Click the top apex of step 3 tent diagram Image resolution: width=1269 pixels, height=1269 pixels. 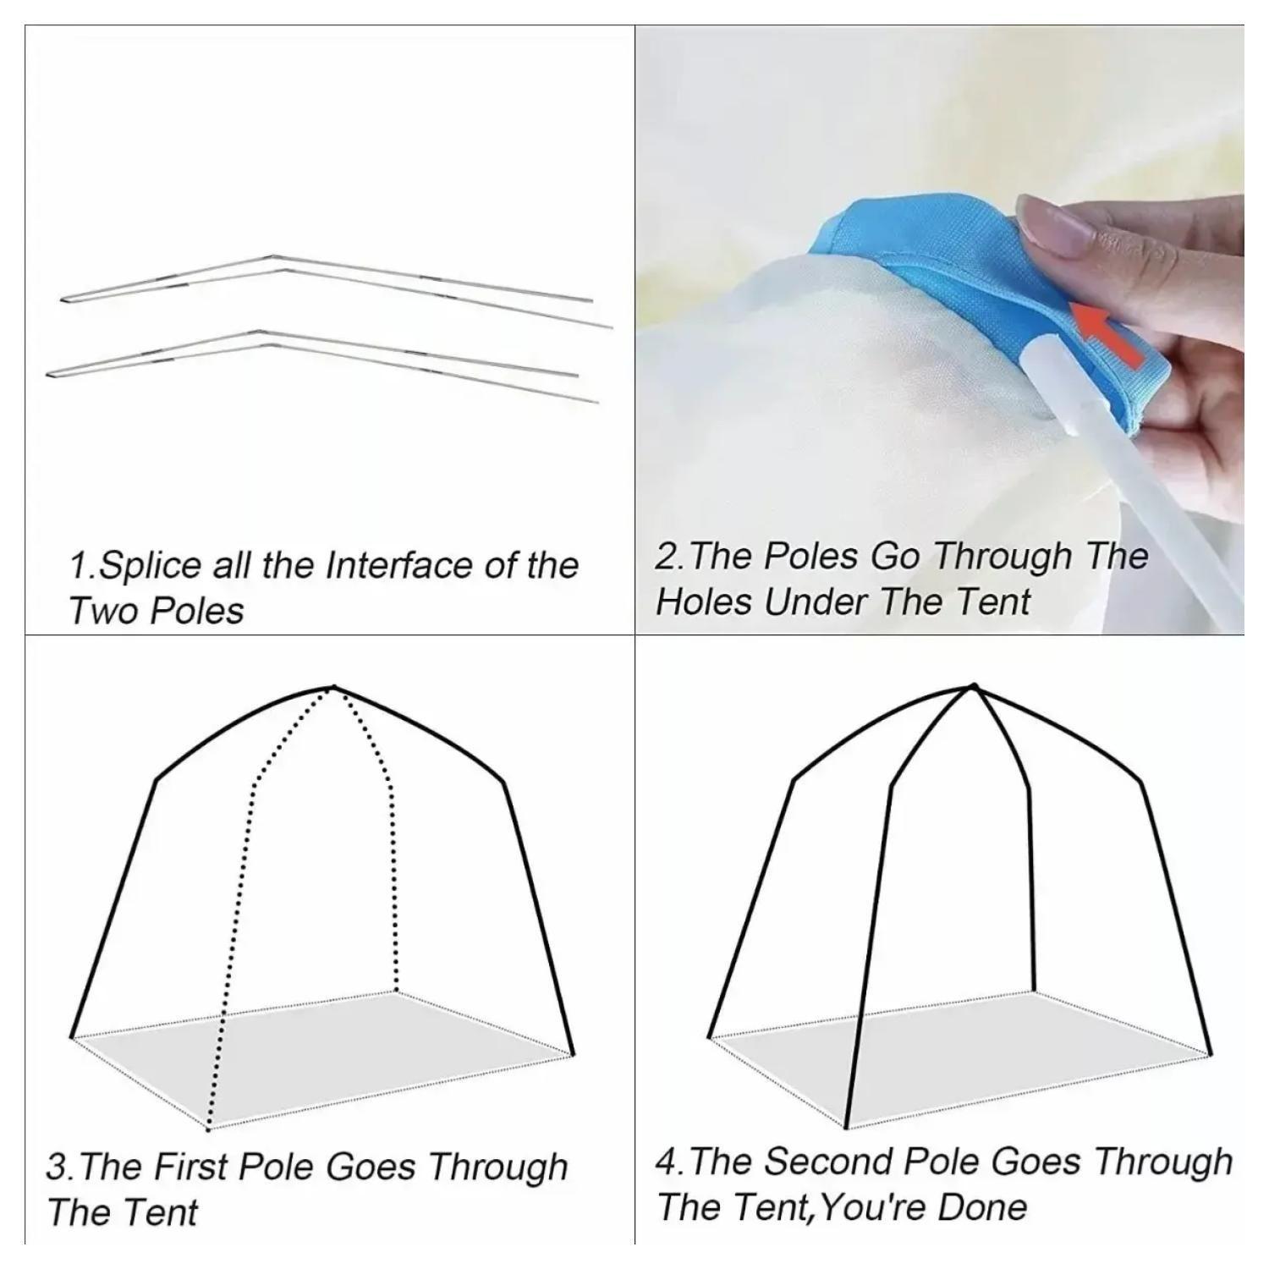coord(333,687)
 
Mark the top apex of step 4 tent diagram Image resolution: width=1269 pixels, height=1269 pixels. coord(974,686)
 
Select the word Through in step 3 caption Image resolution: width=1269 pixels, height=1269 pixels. coord(497,1168)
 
